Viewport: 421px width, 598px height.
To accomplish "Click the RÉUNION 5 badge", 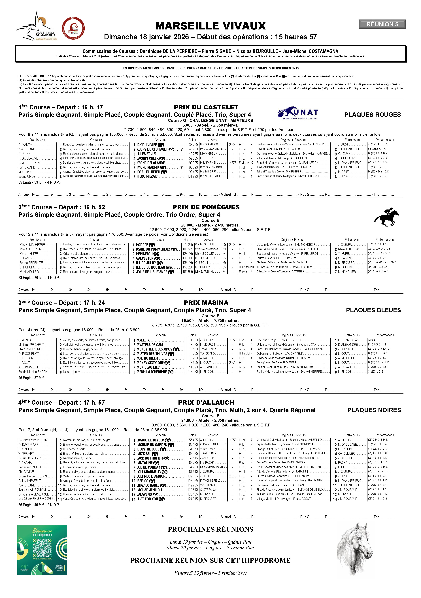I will click(382, 24).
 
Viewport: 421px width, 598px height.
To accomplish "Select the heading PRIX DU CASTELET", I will click(206, 107).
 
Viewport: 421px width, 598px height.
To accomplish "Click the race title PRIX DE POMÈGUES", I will click(206, 207).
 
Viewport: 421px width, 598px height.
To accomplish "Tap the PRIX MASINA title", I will click(206, 303).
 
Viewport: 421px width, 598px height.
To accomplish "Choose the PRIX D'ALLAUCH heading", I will click(206, 402).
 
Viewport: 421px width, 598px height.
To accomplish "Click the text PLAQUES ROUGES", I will click(372, 115).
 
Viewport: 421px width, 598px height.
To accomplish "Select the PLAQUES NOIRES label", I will click(374, 410).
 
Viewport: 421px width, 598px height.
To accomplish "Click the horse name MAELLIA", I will click(143, 340).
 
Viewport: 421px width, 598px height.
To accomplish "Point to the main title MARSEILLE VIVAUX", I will click(210, 26).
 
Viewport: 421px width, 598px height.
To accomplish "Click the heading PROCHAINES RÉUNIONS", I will click(210, 529).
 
